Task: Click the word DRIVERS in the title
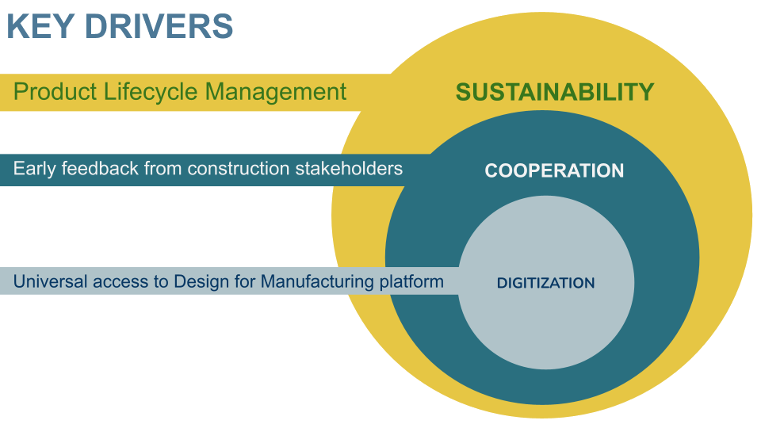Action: tap(158, 26)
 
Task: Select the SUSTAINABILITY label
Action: tap(555, 92)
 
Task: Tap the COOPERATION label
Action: tap(554, 170)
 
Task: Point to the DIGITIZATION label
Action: tap(545, 283)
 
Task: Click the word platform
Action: tap(411, 282)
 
